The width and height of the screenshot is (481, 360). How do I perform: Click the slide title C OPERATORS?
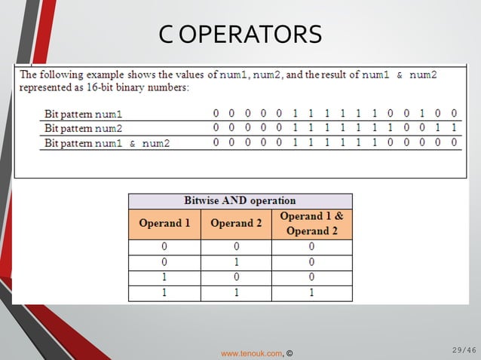[240, 34]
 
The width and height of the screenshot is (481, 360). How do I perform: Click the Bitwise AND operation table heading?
[240, 201]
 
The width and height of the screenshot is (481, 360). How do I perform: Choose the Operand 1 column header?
[164, 224]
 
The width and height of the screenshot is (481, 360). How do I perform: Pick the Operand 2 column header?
[236, 224]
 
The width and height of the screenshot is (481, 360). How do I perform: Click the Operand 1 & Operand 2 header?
[311, 224]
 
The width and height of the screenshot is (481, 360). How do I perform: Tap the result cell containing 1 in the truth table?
[311, 293]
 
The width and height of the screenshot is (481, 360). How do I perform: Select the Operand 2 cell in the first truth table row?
[236, 246]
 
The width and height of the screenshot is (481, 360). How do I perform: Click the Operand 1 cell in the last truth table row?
[164, 293]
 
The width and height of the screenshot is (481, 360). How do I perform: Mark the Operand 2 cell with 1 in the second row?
[236, 262]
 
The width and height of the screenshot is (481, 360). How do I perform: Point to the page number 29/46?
[464, 349]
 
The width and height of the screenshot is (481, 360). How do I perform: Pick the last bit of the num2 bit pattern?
[454, 128]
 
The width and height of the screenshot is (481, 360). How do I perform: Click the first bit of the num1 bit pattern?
[216, 114]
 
